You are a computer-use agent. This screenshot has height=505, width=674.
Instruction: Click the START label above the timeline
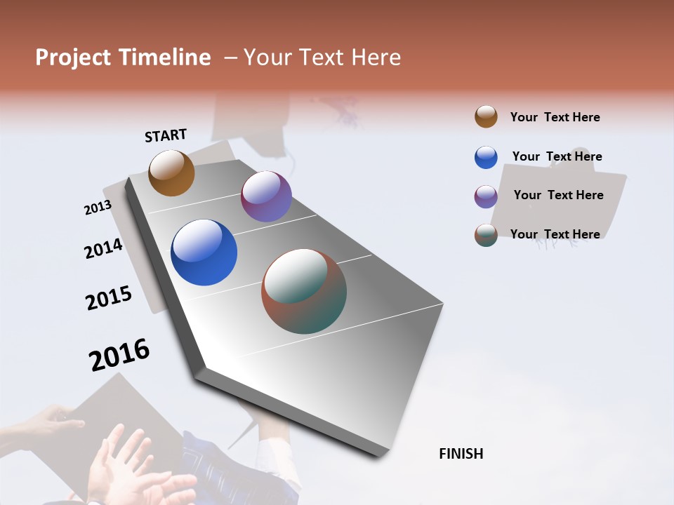(166, 135)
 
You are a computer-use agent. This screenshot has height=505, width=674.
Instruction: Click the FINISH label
(461, 454)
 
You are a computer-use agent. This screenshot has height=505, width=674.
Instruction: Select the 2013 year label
(98, 208)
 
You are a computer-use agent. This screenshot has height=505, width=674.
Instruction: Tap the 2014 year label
(103, 248)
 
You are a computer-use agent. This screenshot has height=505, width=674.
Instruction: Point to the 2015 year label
(109, 298)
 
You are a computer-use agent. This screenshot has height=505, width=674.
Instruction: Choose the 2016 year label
(119, 355)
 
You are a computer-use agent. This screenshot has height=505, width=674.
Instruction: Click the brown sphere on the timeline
(171, 173)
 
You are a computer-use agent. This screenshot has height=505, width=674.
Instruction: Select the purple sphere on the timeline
(266, 196)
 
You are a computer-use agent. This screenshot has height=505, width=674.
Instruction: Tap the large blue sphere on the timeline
(204, 252)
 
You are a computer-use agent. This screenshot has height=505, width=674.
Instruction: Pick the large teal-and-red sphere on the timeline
(304, 291)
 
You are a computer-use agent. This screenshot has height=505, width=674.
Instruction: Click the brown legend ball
(486, 117)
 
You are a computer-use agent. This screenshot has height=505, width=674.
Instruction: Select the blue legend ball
(486, 157)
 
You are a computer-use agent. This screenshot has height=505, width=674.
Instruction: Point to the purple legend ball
(486, 196)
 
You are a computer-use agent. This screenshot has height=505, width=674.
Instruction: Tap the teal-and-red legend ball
(486, 236)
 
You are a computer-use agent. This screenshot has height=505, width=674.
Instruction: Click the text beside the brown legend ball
(555, 117)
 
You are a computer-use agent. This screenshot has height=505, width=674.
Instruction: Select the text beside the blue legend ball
(557, 156)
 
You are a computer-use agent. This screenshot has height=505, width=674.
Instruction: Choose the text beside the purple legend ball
(558, 195)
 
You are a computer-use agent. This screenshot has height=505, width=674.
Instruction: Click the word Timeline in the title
(164, 58)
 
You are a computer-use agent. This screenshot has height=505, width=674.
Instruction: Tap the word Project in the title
(73, 58)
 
